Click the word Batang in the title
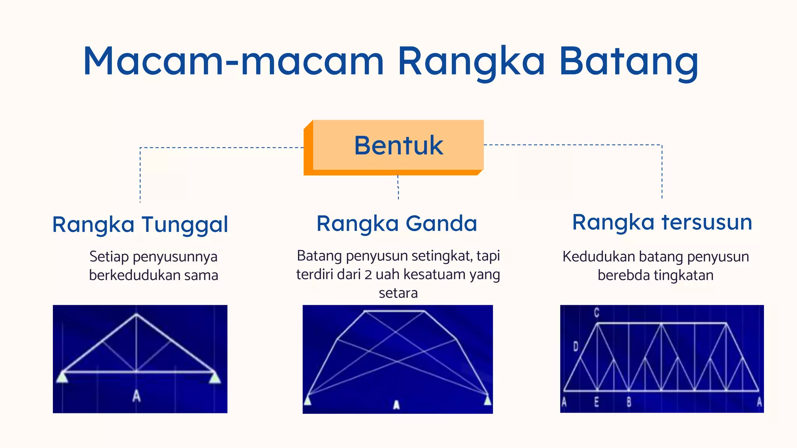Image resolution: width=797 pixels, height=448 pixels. click(x=628, y=62)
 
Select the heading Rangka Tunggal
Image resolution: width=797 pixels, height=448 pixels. click(x=140, y=225)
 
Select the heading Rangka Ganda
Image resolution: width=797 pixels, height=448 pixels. click(x=397, y=224)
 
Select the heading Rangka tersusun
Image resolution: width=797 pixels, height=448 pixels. click(x=662, y=222)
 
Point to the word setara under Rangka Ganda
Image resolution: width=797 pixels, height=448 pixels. click(x=398, y=293)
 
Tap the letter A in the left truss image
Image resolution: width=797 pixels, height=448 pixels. click(x=136, y=396)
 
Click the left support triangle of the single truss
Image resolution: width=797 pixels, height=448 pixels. click(x=62, y=377)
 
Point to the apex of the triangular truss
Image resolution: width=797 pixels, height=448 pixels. click(x=136, y=314)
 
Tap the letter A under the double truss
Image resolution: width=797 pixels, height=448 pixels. click(x=396, y=405)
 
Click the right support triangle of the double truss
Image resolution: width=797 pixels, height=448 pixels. click(x=487, y=400)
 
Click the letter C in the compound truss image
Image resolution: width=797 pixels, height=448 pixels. click(x=597, y=313)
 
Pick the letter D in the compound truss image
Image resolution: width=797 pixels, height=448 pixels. click(x=576, y=346)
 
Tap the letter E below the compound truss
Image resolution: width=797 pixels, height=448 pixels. click(x=597, y=402)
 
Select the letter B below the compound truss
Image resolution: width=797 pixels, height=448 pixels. click(x=629, y=402)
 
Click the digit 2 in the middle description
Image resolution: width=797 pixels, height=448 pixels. click(x=368, y=275)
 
